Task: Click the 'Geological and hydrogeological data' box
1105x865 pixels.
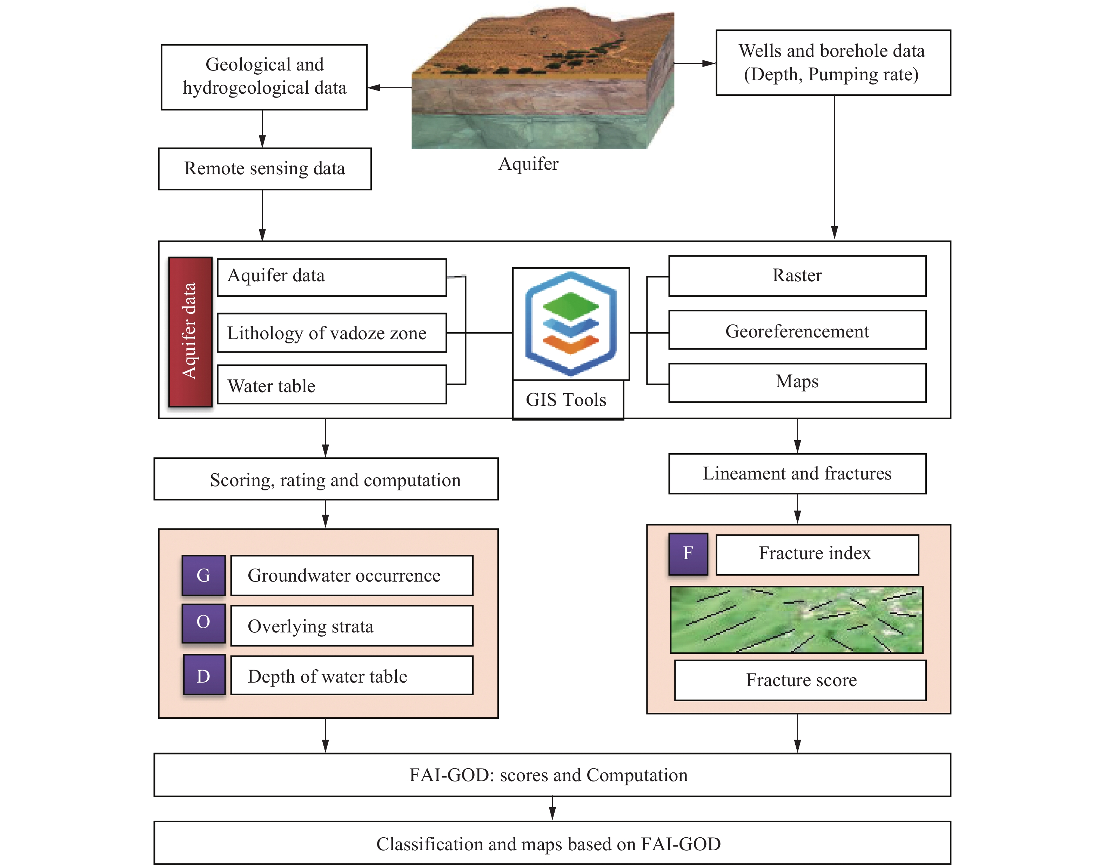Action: pos(264,77)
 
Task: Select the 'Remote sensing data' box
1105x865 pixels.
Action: pos(264,169)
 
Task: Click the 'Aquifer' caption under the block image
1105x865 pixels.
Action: pos(528,163)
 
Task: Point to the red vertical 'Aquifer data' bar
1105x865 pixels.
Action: pos(190,332)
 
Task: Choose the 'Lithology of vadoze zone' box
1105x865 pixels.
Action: pos(332,333)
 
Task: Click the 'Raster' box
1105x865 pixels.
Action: pos(797,275)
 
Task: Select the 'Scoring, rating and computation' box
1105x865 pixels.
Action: pos(326,479)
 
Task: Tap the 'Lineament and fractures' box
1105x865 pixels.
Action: pos(797,474)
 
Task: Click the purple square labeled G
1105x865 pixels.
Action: pos(203,575)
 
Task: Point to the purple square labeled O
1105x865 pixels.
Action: pos(203,622)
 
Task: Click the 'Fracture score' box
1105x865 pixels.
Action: pos(800,680)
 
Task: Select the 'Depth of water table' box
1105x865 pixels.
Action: pos(351,676)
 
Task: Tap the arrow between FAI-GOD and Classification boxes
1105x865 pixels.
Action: pos(552,808)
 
